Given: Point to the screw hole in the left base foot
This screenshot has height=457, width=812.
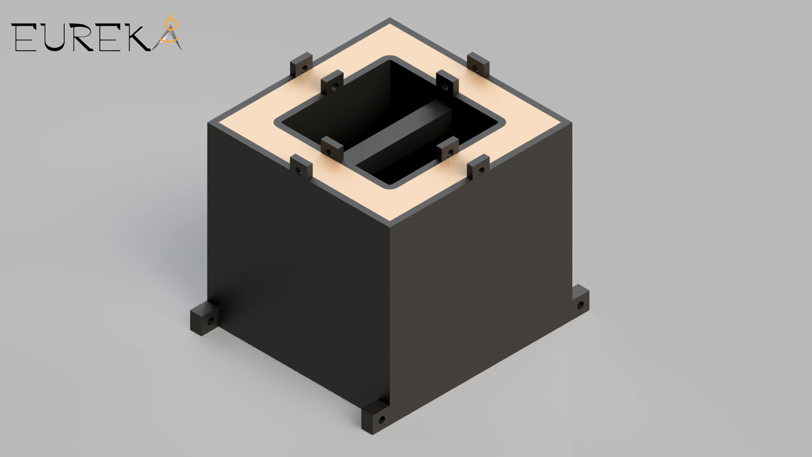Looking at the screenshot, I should click(x=209, y=322).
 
